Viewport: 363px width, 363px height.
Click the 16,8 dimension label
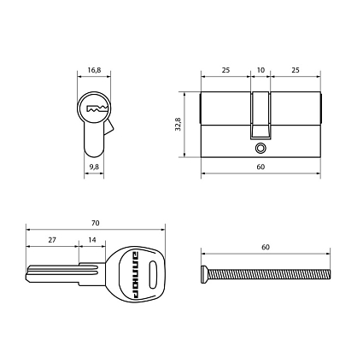tap(94, 70)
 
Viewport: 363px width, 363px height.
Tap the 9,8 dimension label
tap(94, 167)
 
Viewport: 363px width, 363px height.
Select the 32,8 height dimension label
tap(179, 124)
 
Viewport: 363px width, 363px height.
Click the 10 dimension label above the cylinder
tap(261, 70)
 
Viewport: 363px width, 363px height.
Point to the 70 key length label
tap(96, 223)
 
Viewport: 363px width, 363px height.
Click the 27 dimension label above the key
tap(52, 240)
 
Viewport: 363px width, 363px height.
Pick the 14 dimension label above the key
tap(92, 240)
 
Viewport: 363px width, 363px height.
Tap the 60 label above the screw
tap(266, 247)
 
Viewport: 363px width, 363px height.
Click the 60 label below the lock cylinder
tap(261, 167)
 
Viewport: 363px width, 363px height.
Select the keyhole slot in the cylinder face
tap(97, 108)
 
